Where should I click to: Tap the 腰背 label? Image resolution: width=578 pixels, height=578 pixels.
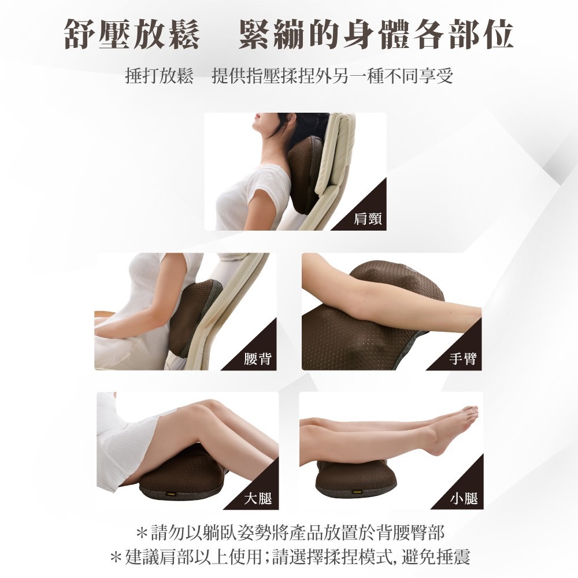tap(257, 359)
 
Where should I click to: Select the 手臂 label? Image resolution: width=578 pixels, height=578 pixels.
tap(462, 359)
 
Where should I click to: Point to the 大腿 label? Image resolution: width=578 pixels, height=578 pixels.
tap(258, 498)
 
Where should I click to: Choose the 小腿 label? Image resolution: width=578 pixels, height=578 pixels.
tap(464, 498)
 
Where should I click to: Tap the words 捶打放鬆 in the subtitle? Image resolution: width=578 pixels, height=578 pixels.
tap(159, 76)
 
